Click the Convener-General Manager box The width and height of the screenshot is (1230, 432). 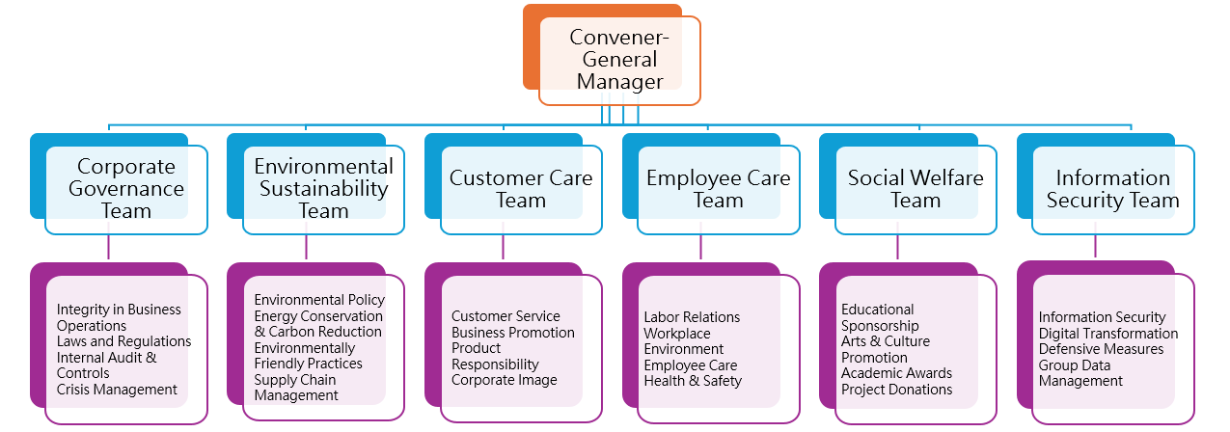point(619,60)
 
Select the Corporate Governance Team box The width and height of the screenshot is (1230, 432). point(126,189)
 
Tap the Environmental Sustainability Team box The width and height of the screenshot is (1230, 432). point(323,189)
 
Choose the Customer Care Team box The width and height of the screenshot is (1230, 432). point(521,189)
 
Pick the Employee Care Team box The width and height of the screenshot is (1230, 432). point(718,189)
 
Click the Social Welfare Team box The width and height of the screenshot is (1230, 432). point(916,189)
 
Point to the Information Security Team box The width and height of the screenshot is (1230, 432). point(1112,189)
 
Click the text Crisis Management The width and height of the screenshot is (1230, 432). point(117,390)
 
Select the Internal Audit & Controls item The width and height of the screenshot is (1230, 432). point(106,364)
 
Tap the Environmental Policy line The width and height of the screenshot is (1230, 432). point(319,300)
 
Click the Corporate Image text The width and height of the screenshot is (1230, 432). point(504,380)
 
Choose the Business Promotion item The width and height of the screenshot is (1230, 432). point(512,333)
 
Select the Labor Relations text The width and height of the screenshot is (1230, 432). point(692,317)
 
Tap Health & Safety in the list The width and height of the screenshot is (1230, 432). point(693,381)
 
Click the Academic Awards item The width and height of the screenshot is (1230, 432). point(896,373)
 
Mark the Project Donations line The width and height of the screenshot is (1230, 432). point(896,390)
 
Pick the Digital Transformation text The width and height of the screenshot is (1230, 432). point(1108,334)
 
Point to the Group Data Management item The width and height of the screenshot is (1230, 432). point(1080,373)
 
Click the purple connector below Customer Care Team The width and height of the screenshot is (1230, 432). point(503,247)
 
